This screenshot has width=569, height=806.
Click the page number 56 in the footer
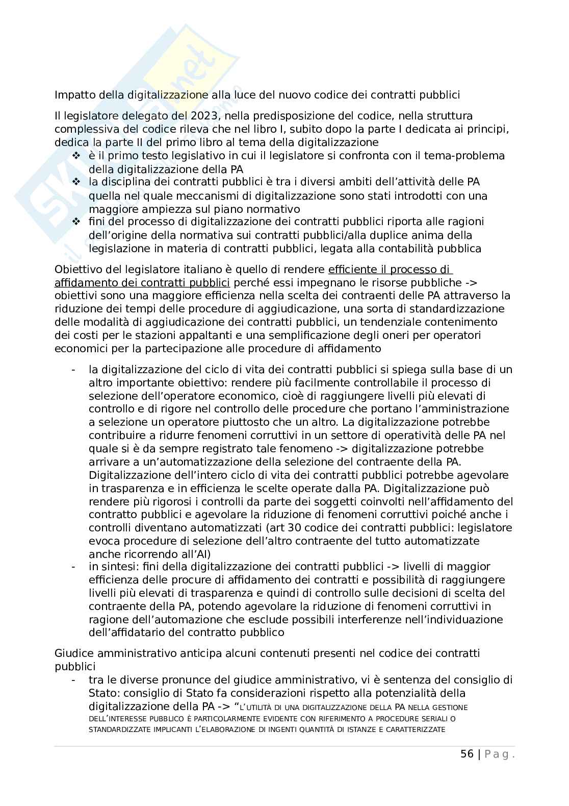[467, 754]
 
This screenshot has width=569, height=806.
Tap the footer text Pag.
[499, 754]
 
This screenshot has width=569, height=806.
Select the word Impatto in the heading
[71, 95]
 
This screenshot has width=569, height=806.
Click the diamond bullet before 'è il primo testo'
[76, 155]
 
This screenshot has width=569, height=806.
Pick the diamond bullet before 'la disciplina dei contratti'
[76, 182]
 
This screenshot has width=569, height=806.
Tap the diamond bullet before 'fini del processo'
[76, 222]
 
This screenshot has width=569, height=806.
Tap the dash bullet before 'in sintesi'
[74, 567]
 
